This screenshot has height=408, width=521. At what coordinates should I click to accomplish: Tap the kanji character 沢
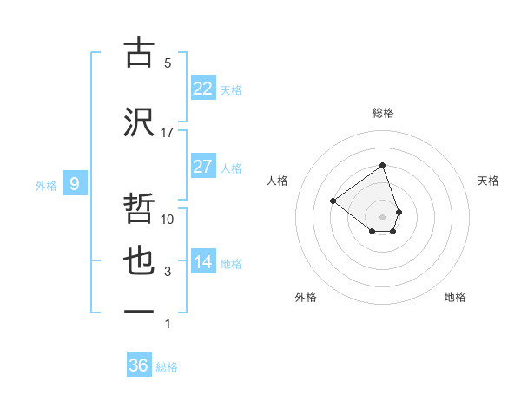coord(139,122)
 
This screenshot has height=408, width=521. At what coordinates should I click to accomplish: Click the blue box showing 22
coord(203,89)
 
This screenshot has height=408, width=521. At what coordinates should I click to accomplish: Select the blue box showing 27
coord(203,167)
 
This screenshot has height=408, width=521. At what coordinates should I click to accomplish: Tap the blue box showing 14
coord(203,262)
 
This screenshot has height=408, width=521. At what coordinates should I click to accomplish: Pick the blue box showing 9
coord(75,183)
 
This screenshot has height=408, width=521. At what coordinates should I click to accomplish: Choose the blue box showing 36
coord(139,365)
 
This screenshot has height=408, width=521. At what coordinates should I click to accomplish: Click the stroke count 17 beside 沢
coord(168,133)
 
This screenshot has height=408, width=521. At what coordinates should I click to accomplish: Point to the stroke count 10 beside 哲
coord(168,220)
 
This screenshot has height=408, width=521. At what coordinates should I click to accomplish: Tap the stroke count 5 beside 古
coord(168,63)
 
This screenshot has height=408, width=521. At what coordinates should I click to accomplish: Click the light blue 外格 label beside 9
coord(46,184)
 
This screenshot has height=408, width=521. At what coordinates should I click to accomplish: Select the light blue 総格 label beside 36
coord(167,367)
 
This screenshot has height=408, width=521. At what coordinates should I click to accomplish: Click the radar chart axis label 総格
coord(382,113)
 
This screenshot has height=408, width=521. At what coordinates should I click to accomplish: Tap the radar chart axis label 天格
coord(488,181)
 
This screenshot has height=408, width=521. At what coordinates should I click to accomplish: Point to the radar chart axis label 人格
coord(278,181)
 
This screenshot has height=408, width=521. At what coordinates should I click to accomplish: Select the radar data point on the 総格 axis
coord(382,166)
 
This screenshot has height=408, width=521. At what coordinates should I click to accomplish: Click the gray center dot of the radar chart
coord(382,216)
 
